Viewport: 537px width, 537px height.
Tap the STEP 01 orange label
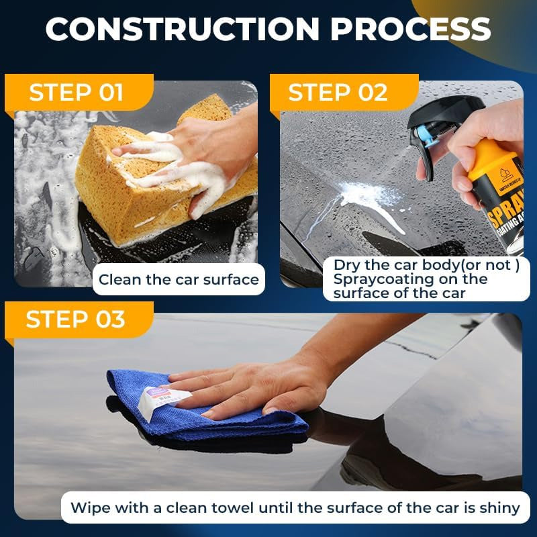pos(77,93)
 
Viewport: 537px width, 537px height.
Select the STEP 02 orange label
pos(338,93)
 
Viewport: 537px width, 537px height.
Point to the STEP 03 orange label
pos(75,320)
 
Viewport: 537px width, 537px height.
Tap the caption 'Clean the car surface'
pos(179,279)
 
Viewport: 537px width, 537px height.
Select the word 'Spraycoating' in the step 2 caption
pos(374,279)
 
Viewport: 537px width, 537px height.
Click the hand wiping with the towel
pos(262,389)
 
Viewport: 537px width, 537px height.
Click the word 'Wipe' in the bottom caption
pos(89,507)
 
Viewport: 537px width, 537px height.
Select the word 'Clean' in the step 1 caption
pos(119,279)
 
